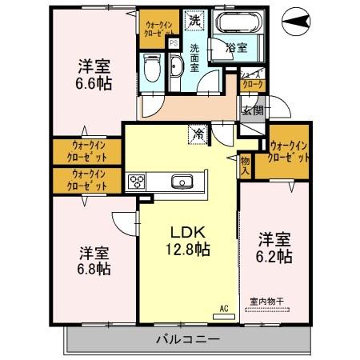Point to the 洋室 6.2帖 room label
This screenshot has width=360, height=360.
point(274,246)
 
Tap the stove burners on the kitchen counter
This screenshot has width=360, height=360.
point(134,181)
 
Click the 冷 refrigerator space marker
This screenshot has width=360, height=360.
point(197,134)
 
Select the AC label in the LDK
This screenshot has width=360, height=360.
point(225,306)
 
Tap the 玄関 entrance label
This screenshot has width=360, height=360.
point(253,110)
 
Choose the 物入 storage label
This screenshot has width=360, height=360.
point(246,166)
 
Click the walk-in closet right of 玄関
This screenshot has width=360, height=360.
point(289,151)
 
